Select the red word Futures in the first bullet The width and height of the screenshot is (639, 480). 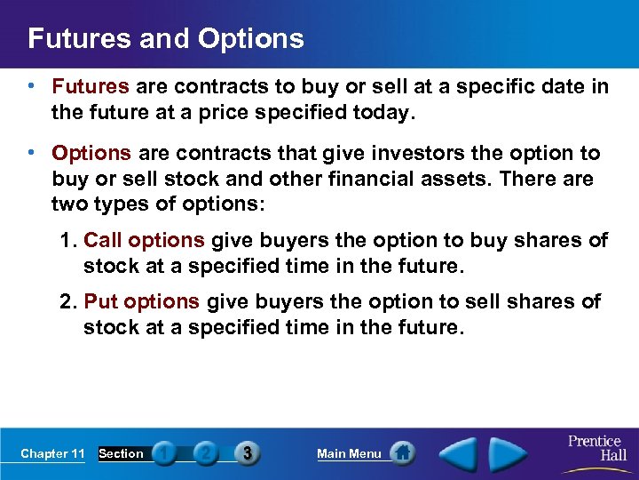(91, 87)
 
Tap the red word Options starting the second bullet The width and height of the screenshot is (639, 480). (91, 153)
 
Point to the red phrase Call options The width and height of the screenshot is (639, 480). (144, 240)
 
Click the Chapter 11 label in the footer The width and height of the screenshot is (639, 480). (52, 453)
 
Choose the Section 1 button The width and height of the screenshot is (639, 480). (163, 453)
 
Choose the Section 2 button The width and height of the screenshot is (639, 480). (206, 453)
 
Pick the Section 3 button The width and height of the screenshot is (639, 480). (247, 453)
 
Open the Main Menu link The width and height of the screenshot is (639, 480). (349, 453)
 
